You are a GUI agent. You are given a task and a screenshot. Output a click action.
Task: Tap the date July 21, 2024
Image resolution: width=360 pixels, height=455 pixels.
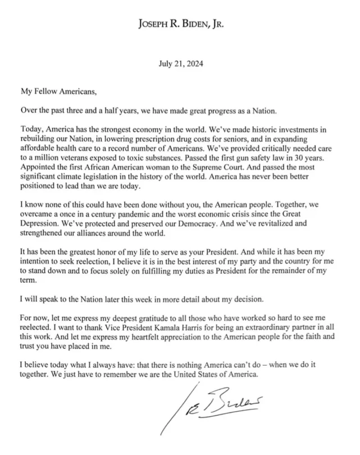(x=180, y=64)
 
